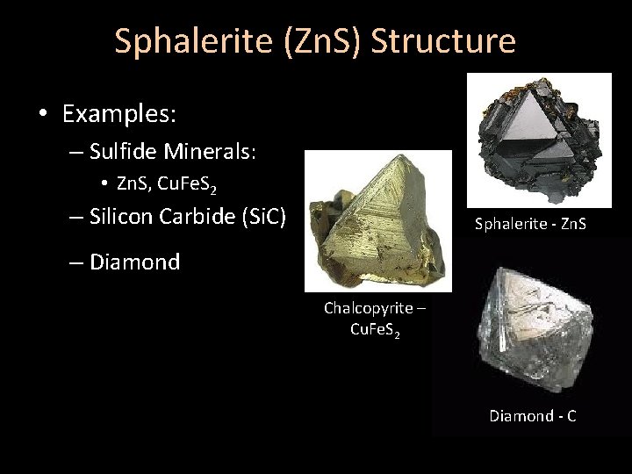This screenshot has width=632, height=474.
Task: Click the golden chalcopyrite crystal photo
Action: (377, 219)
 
